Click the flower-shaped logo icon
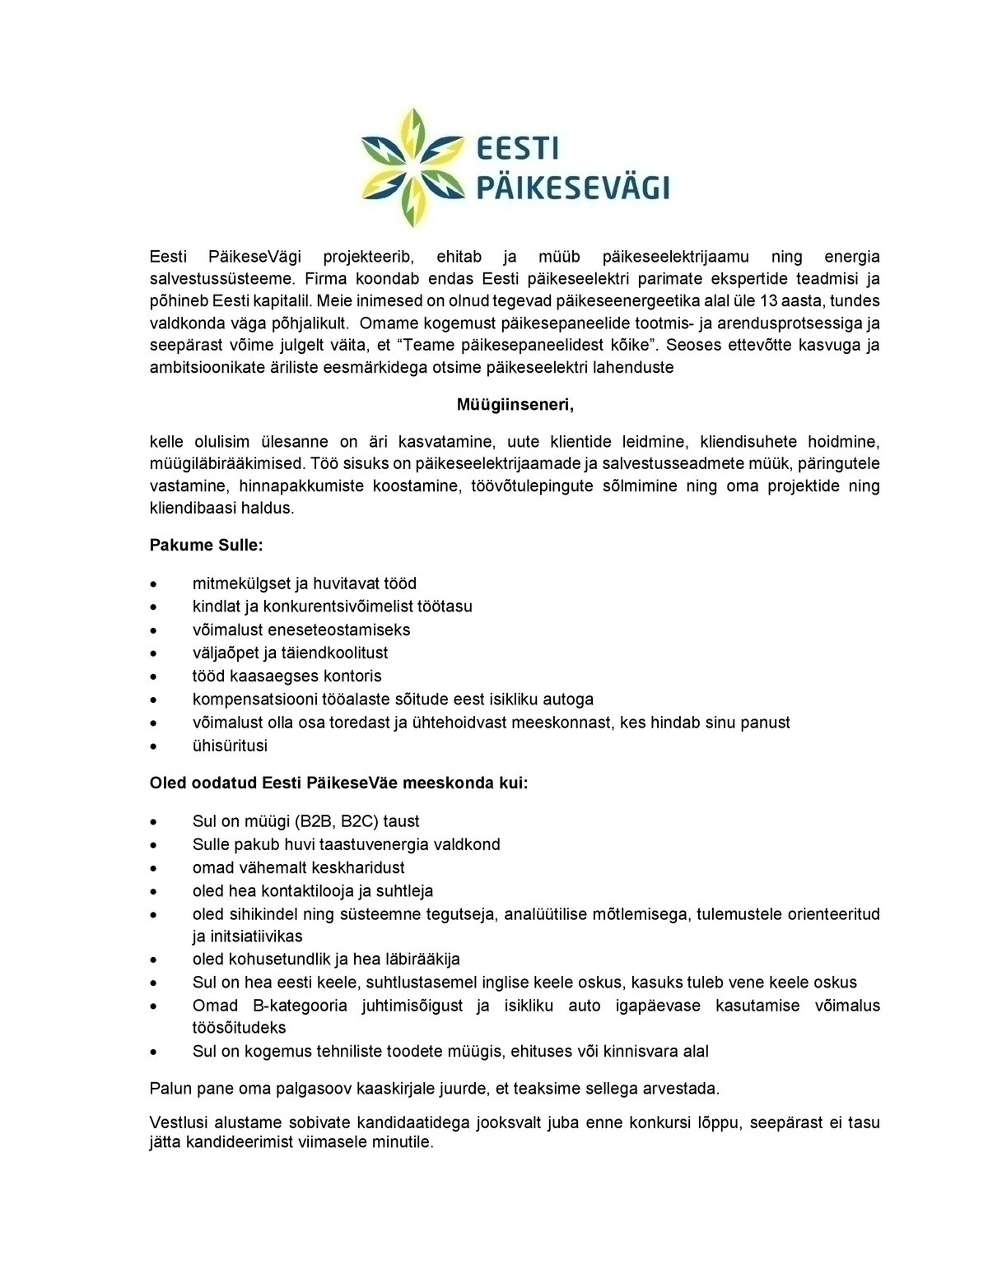[413, 167]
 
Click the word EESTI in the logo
[518, 149]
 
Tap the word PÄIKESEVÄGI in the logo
[574, 187]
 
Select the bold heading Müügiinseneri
[515, 405]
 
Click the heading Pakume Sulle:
[207, 545]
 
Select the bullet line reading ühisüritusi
[230, 746]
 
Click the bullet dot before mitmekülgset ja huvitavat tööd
[154, 584]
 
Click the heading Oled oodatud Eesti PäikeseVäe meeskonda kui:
[338, 782]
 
